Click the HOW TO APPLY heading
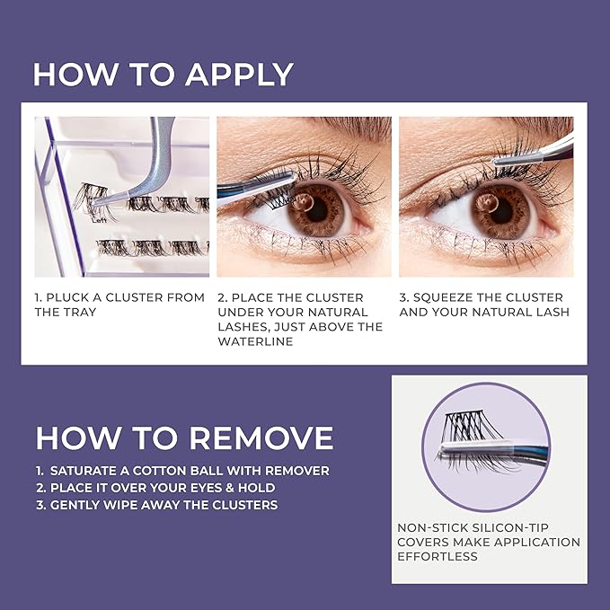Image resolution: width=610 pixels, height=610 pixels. (163, 74)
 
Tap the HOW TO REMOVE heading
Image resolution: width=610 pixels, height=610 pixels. (184, 438)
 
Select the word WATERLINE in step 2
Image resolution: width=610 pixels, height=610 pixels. (256, 340)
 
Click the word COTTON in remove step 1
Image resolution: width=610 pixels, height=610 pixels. (181, 471)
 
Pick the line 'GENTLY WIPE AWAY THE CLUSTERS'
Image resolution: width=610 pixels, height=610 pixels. (156, 505)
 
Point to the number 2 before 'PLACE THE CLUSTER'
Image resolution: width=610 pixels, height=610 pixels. (222, 297)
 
